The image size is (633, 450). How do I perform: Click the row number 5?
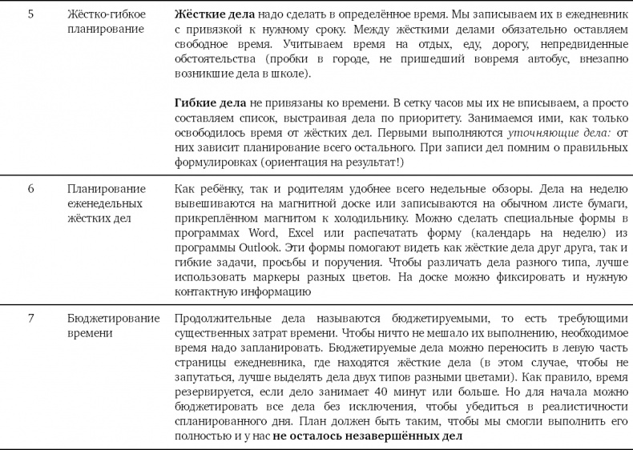tap(30, 14)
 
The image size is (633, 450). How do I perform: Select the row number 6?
tap(30, 188)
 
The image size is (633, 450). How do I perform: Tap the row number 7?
tap(30, 318)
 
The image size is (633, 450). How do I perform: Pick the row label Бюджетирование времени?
tap(113, 325)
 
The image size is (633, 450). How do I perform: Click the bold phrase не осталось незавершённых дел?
tap(368, 436)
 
